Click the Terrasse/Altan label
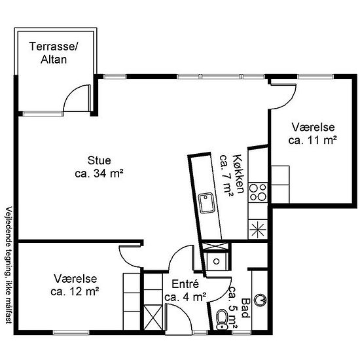point(54,53)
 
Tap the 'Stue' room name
point(99,160)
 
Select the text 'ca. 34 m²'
point(99,173)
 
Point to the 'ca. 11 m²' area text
point(312,140)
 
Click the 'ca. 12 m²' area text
point(75,292)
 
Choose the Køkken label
point(238,174)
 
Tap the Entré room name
point(185,284)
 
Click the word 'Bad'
point(245,308)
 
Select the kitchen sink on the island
point(206,203)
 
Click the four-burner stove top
point(258,192)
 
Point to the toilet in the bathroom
point(221,319)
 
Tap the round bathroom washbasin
point(261,300)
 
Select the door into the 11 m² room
point(283,96)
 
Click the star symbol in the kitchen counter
point(258,229)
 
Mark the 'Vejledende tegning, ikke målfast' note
point(9,265)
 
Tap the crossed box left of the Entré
point(153,317)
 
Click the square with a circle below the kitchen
point(216,261)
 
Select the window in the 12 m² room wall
point(71,333)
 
